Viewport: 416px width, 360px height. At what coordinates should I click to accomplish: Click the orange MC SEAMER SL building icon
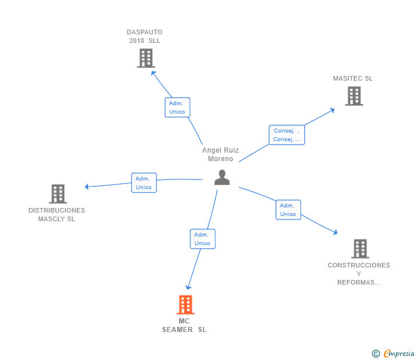(185, 305)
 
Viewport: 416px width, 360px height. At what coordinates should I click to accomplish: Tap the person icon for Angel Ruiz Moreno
(222, 177)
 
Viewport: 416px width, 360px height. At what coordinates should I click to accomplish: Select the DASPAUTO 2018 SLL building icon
(146, 58)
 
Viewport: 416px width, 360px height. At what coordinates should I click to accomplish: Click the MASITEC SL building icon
(354, 96)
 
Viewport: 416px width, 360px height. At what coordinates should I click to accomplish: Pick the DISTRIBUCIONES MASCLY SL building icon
(58, 194)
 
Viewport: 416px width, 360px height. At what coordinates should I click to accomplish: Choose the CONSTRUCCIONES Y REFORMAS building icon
(360, 249)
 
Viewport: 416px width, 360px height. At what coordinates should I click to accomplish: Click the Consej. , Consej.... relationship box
(286, 135)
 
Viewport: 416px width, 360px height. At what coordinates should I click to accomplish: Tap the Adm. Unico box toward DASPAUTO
(177, 107)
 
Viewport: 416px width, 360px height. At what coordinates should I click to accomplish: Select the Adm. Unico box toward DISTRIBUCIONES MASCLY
(143, 183)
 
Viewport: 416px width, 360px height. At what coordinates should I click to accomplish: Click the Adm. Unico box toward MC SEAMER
(202, 239)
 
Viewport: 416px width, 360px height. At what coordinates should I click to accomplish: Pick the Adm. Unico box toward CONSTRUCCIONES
(288, 210)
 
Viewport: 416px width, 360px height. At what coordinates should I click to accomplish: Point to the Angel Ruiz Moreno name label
(221, 154)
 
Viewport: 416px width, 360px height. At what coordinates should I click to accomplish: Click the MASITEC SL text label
(353, 78)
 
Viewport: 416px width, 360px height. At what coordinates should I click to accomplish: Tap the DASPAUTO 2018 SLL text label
(145, 36)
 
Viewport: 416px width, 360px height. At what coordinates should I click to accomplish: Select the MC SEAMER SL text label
(184, 325)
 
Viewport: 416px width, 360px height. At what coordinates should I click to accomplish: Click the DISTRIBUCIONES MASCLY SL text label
(57, 214)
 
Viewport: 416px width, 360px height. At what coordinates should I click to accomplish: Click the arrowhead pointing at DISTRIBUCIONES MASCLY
(86, 186)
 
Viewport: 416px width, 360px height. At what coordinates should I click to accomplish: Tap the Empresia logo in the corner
(393, 354)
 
